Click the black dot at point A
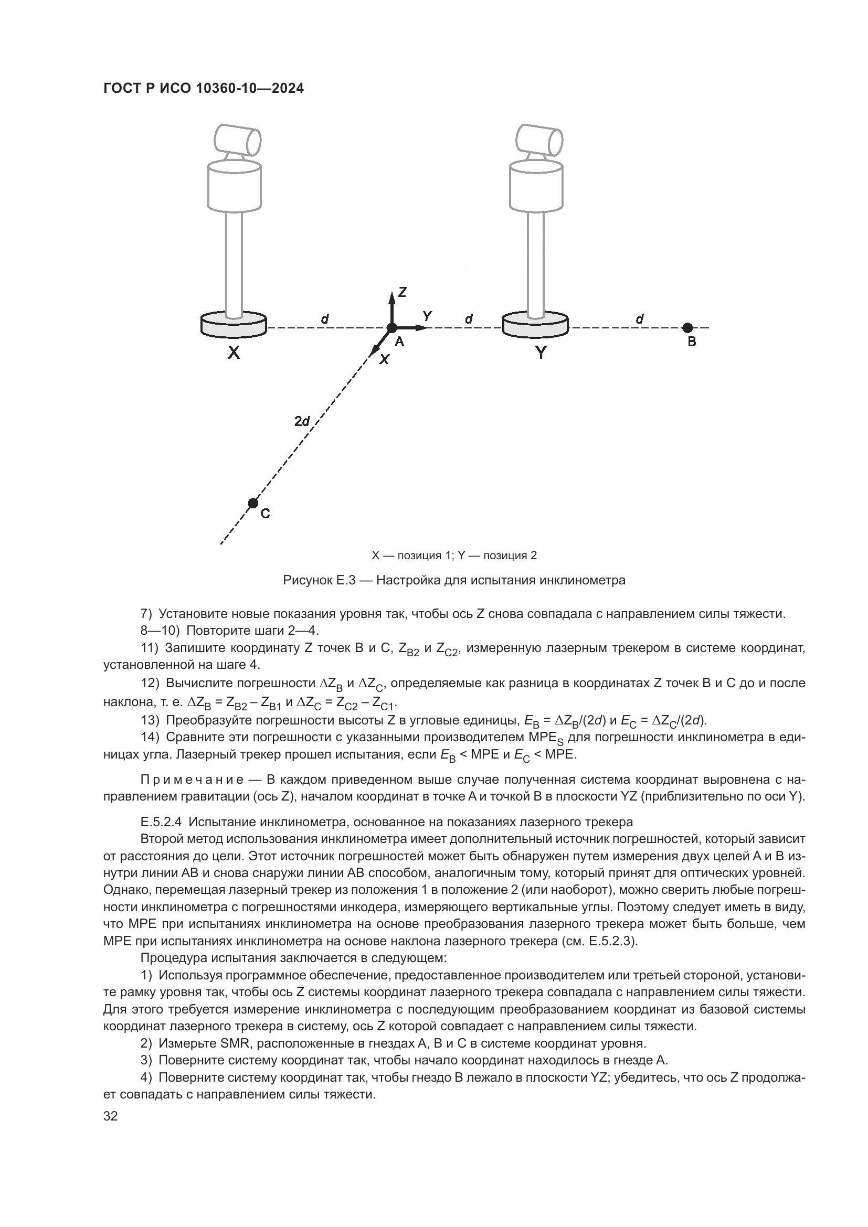392,327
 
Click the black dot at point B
687,327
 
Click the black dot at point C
253,503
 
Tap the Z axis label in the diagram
403,292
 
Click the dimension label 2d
302,421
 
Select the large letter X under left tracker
234,353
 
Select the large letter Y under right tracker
541,353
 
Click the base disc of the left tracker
234,325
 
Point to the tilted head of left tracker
237,138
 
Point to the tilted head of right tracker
539,138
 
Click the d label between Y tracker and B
640,319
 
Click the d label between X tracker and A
324,319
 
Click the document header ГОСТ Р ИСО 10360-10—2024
203,88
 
